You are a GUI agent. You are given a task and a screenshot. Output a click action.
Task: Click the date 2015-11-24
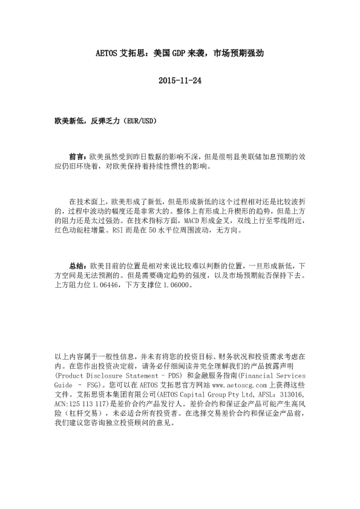tap(180, 80)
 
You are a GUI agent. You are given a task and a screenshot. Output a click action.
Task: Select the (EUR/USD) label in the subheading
tap(138, 121)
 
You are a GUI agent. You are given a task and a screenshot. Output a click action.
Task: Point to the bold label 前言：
tap(79, 155)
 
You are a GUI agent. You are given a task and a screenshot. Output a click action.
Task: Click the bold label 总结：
tap(79, 266)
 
